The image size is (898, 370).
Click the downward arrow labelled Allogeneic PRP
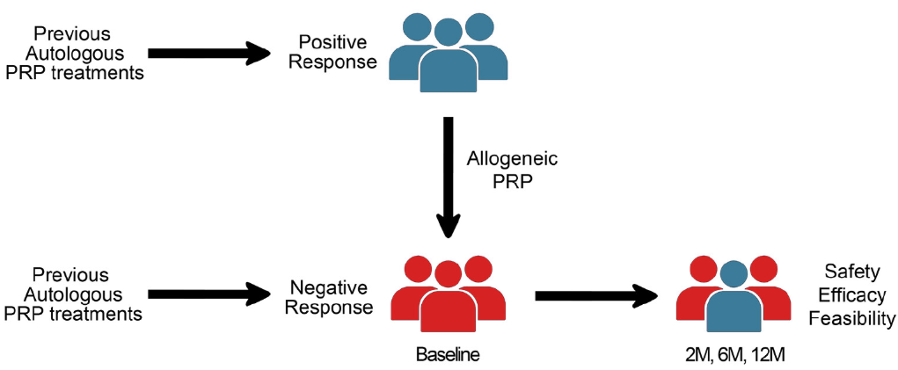click(x=449, y=176)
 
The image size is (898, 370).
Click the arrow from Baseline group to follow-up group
click(x=597, y=296)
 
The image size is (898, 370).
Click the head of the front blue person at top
click(x=448, y=34)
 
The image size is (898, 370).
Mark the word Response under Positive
click(x=331, y=63)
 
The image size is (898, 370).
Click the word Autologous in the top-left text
click(x=73, y=53)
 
